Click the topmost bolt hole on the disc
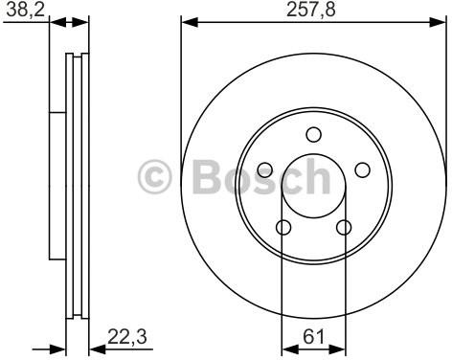pos(312,135)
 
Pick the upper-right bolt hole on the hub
pos(362,170)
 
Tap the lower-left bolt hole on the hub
pos(282,228)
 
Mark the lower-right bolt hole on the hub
pos(343,228)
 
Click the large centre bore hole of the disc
pos(312,187)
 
